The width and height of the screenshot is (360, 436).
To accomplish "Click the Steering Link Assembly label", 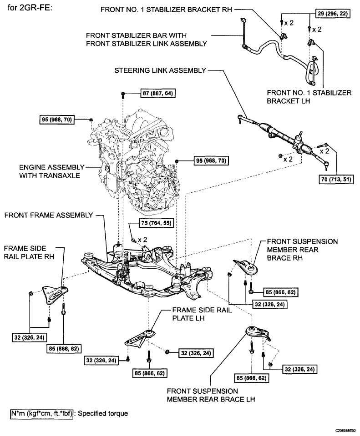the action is coord(160,70).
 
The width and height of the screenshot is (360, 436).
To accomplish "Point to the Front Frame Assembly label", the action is coord(49,215).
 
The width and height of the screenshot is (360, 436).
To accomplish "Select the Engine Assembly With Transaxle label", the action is coord(51,171).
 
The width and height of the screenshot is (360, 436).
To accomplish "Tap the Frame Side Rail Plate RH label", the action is coord(29,252).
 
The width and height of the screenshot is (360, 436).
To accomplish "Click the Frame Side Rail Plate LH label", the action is coord(202,314).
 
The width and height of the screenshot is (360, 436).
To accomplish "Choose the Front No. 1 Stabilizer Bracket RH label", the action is coord(166,10).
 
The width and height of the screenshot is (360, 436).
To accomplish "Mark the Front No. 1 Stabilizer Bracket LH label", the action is coord(309,97).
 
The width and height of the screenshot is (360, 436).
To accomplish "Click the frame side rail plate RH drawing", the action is coord(55,295).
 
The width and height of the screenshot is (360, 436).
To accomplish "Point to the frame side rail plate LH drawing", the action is coord(139,337).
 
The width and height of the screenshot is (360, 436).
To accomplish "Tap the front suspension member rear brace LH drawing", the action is coord(257,332).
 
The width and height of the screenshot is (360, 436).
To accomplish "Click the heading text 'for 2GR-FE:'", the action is coord(30,8).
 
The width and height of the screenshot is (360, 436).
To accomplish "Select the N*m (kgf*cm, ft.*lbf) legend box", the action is coord(42,413).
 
